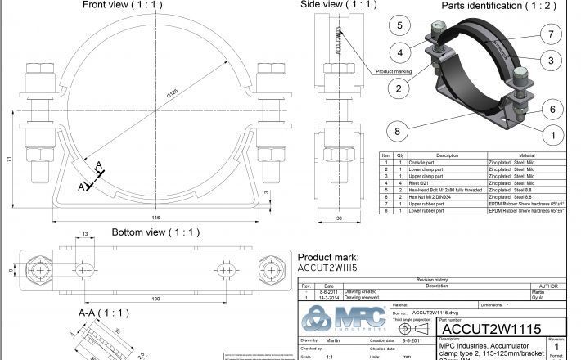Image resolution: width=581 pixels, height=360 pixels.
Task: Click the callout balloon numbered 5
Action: pyautogui.click(x=399, y=25)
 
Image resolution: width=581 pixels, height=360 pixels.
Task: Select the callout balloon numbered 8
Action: pyautogui.click(x=399, y=129)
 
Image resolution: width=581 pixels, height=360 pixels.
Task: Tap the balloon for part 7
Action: pyautogui.click(x=552, y=34)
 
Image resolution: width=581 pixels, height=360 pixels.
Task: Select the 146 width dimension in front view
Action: pyautogui.click(x=155, y=218)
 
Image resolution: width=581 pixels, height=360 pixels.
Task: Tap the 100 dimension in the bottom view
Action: pyautogui.click(x=155, y=299)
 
